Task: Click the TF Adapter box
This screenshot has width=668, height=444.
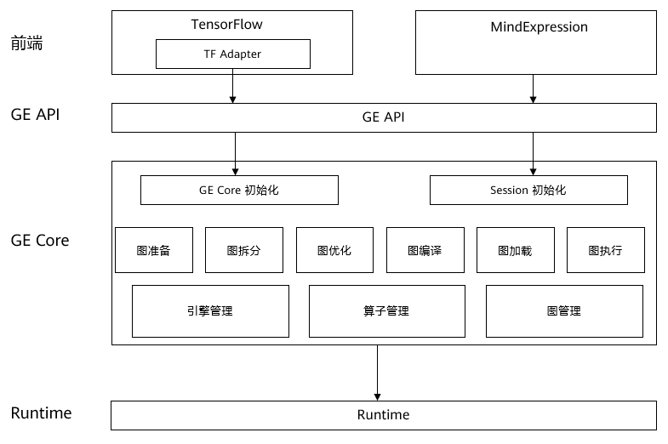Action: (232, 54)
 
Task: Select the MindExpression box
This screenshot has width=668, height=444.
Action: (536, 43)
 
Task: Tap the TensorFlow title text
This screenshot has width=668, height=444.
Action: (227, 25)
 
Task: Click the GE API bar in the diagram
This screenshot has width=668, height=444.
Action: (384, 117)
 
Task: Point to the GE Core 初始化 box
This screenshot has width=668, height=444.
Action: (239, 191)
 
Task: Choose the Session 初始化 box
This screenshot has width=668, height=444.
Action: (528, 191)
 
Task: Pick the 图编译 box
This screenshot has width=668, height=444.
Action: (425, 250)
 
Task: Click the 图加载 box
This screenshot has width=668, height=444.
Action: (515, 250)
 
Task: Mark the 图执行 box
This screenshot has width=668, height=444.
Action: (605, 250)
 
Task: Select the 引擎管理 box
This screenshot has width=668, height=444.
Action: (210, 310)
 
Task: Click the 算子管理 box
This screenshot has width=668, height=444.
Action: (386, 310)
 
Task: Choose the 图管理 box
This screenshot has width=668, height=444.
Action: (564, 310)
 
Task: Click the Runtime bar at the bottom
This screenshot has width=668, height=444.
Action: (384, 415)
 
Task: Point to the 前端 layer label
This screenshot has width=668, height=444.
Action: (26, 43)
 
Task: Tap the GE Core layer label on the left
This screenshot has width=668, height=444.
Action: (40, 241)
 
